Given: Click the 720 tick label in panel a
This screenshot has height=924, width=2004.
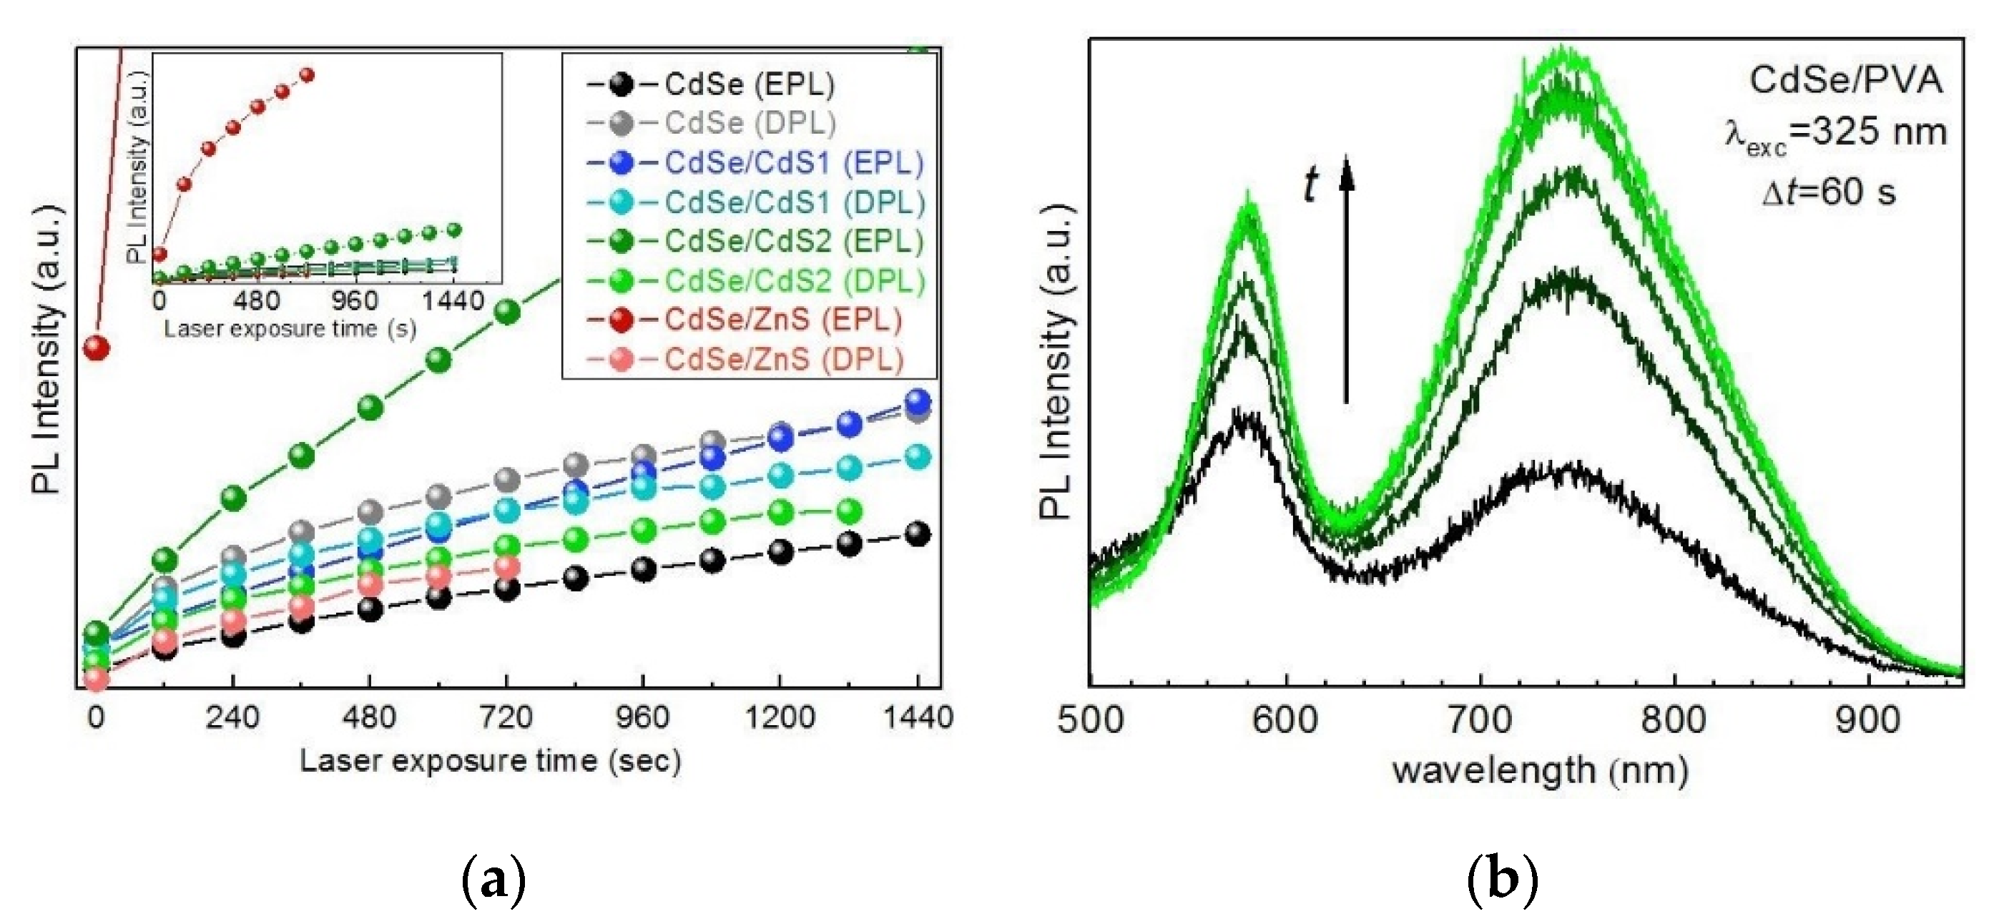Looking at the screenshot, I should pyautogui.click(x=506, y=717).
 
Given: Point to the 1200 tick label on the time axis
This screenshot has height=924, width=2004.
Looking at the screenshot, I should pyautogui.click(x=780, y=717).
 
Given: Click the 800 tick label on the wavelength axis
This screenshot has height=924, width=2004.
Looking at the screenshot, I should pyautogui.click(x=1674, y=720).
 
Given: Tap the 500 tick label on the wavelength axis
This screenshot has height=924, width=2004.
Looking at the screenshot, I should pyautogui.click(x=1091, y=720).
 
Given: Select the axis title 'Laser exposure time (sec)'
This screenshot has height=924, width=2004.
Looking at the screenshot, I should pyautogui.click(x=490, y=761).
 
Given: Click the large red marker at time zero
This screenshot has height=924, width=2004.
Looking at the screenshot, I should pyautogui.click(x=96, y=347).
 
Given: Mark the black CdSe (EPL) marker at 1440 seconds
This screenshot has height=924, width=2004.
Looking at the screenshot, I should pyautogui.click(x=918, y=534).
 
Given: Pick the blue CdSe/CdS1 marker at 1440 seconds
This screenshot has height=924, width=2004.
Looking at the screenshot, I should pyautogui.click(x=918, y=401).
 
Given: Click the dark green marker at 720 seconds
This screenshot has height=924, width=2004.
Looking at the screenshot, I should pyautogui.click(x=506, y=312).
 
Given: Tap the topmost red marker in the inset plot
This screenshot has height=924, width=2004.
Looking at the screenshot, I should pyautogui.click(x=307, y=74).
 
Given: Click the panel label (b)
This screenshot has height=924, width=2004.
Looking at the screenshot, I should pyautogui.click(x=1502, y=880).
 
